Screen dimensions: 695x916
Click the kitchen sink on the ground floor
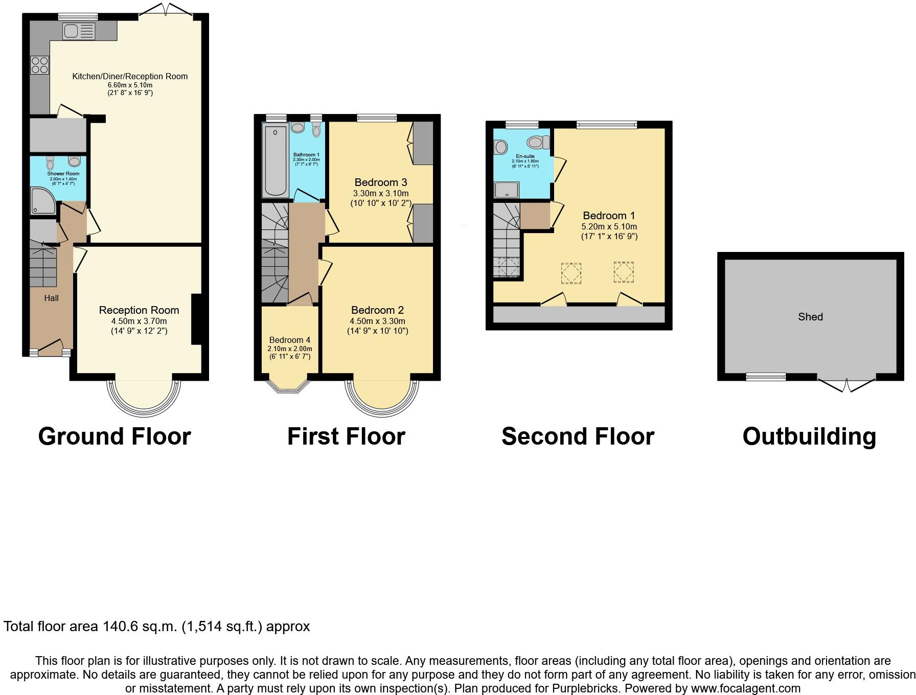click(x=79, y=32)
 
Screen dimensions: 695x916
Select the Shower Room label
click(x=64, y=174)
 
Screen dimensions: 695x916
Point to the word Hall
click(x=51, y=298)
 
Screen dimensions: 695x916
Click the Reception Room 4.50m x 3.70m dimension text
click(x=139, y=321)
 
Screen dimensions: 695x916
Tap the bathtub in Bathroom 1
click(x=276, y=160)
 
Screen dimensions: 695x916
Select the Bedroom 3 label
click(x=381, y=182)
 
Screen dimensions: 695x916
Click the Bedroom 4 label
click(x=290, y=340)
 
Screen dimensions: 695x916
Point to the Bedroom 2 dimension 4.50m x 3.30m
click(x=377, y=321)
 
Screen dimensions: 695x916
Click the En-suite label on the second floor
click(x=525, y=156)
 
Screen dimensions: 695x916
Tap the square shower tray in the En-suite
click(x=507, y=190)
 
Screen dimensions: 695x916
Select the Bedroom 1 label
click(x=609, y=216)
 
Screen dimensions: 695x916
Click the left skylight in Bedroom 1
click(x=571, y=272)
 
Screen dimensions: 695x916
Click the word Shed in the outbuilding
click(x=810, y=317)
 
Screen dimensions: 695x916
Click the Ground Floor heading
click(x=114, y=436)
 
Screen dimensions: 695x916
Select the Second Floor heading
click(x=578, y=436)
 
